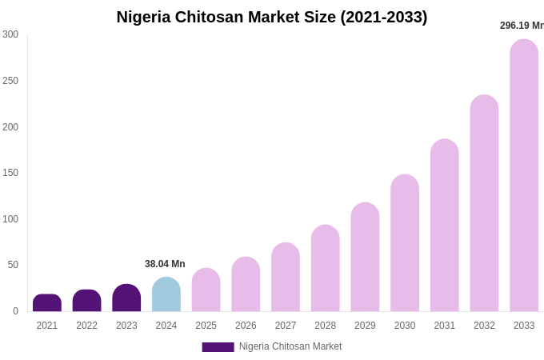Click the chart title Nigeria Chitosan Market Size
[272, 17]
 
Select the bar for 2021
[47, 303]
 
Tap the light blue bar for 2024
[166, 294]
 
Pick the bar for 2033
[524, 176]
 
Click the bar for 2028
[326, 268]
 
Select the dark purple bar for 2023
[126, 298]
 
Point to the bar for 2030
[405, 243]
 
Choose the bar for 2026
[246, 284]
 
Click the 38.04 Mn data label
[165, 264]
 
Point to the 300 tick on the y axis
[10, 34]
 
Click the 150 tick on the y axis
[10, 173]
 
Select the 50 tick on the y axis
[13, 265]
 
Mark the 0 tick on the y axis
[15, 311]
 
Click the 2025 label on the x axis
[206, 326]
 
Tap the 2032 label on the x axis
[484, 326]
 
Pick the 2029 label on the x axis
[365, 326]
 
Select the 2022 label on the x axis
[86, 326]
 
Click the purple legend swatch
[218, 347]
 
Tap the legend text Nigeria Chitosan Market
[290, 346]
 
